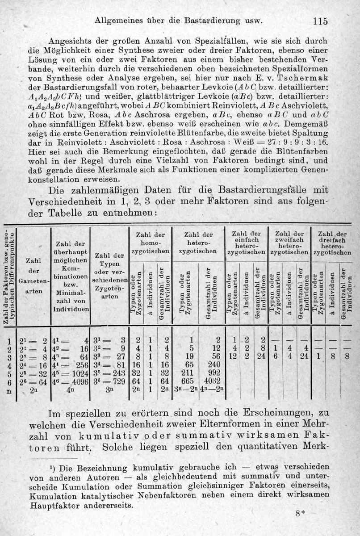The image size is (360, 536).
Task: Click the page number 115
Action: point(321,21)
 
